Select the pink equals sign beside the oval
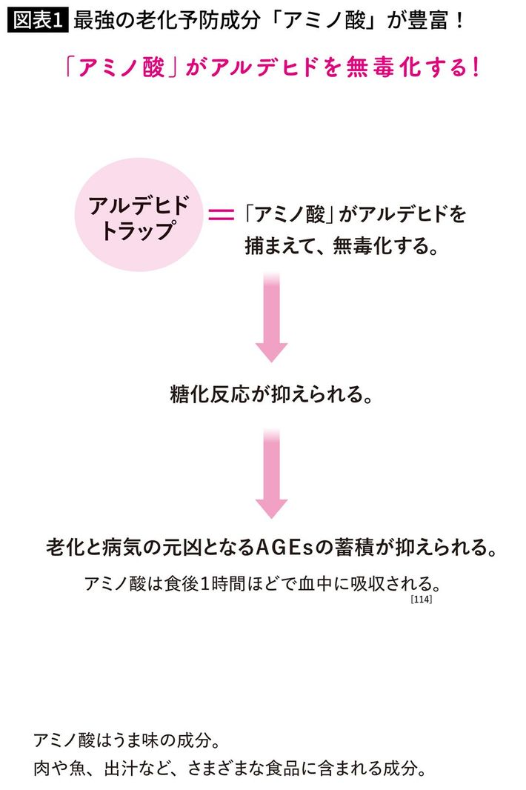[220, 216]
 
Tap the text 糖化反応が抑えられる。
[270, 394]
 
